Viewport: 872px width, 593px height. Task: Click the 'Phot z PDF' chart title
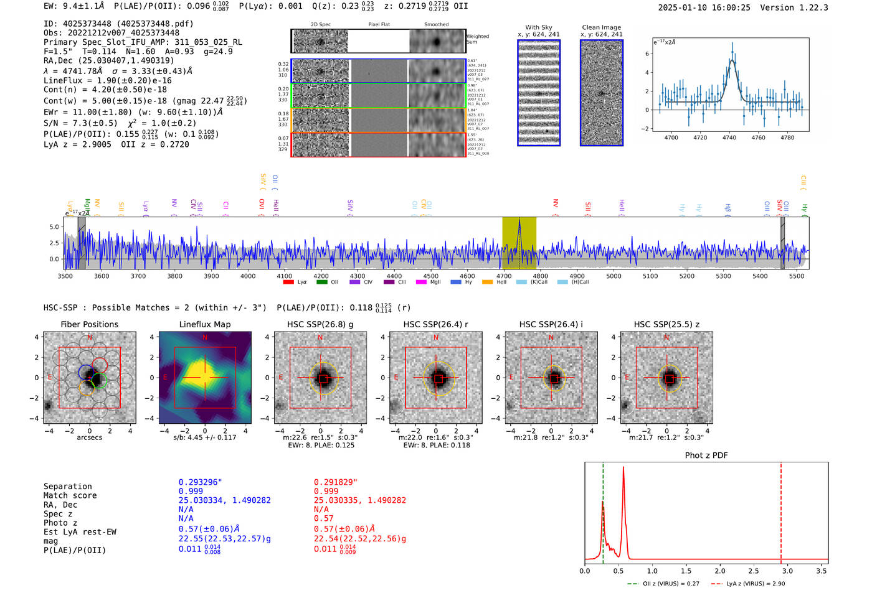click(706, 455)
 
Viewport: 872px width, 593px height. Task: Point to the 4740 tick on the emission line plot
click(729, 138)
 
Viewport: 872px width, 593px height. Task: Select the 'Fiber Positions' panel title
click(89, 324)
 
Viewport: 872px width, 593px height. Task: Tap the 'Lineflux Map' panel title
click(204, 324)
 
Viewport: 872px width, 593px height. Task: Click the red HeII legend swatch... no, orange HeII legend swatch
click(487, 282)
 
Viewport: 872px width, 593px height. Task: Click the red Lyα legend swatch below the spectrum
click(288, 282)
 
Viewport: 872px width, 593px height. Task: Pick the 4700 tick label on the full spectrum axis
click(504, 276)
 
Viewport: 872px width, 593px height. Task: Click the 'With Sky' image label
click(538, 27)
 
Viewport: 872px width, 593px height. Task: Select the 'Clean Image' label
click(601, 27)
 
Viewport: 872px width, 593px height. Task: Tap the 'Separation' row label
click(67, 487)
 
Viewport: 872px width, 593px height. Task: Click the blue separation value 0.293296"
click(200, 482)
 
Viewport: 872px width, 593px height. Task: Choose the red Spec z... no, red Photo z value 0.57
click(323, 518)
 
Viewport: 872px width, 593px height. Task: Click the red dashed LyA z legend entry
click(747, 584)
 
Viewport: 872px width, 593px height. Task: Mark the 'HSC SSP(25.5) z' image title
click(666, 324)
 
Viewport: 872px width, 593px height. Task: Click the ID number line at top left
click(118, 24)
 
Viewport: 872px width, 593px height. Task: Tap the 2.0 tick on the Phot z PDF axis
click(720, 571)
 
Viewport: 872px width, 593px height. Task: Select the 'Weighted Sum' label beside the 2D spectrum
click(478, 39)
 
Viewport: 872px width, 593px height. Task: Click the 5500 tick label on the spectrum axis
click(797, 276)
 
